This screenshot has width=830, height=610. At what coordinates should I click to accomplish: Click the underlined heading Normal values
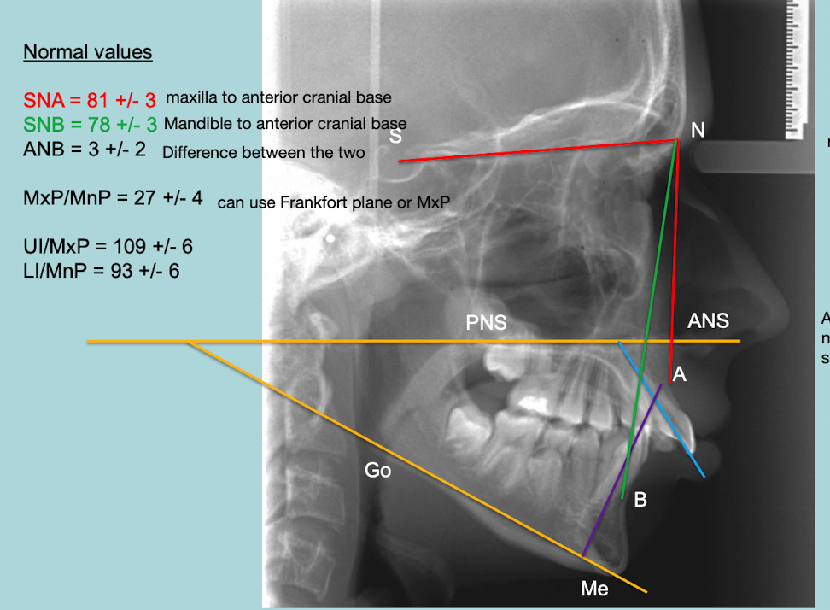pyautogui.click(x=87, y=52)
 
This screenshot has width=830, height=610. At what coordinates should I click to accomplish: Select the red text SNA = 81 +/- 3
pyautogui.click(x=90, y=101)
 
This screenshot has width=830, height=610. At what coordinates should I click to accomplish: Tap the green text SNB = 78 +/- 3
pyautogui.click(x=91, y=125)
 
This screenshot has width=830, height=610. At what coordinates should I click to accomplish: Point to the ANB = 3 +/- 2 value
pyautogui.click(x=85, y=149)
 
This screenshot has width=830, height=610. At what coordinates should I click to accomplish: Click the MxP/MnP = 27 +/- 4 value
pyautogui.click(x=114, y=198)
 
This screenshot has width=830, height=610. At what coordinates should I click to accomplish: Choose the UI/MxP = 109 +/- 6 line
pyautogui.click(x=108, y=247)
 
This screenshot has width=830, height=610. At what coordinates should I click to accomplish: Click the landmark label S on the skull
pyautogui.click(x=395, y=136)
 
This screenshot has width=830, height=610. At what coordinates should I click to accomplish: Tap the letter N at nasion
pyautogui.click(x=698, y=130)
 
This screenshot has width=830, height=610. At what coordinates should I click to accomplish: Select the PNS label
pyautogui.click(x=486, y=323)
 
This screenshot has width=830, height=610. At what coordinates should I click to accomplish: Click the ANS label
pyautogui.click(x=709, y=320)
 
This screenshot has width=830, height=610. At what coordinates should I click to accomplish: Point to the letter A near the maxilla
pyautogui.click(x=680, y=373)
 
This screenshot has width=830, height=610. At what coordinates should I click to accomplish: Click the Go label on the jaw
pyautogui.click(x=377, y=469)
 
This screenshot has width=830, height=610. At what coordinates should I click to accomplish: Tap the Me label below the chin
pyautogui.click(x=594, y=589)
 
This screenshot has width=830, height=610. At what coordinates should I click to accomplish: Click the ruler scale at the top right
pyautogui.click(x=802, y=68)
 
